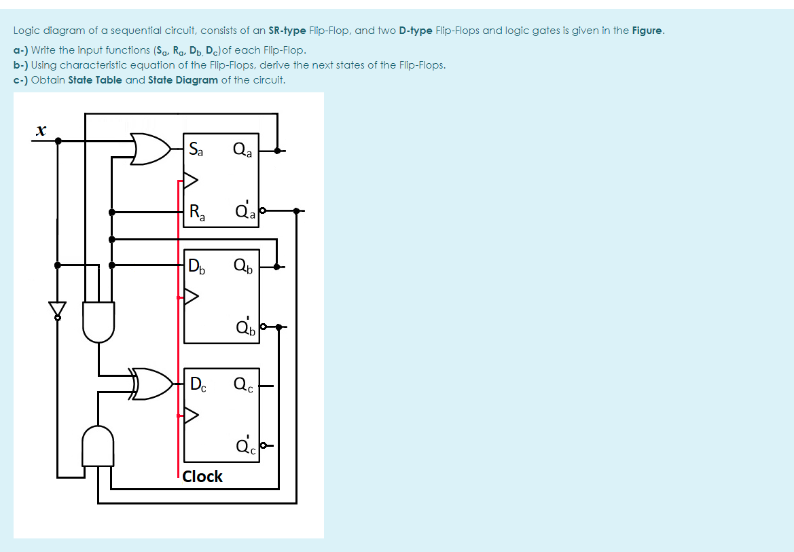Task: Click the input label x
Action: click(x=41, y=130)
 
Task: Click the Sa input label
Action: click(x=196, y=149)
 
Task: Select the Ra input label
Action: click(x=197, y=213)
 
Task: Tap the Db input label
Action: click(x=197, y=265)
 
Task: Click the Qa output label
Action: click(x=242, y=149)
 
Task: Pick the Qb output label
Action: click(x=242, y=265)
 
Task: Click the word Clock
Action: click(x=202, y=477)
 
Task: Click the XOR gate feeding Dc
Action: click(x=153, y=384)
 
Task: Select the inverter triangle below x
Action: click(x=58, y=309)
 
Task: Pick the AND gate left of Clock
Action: click(x=98, y=447)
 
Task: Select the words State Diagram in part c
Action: click(x=183, y=80)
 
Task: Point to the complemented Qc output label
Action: click(x=246, y=445)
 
